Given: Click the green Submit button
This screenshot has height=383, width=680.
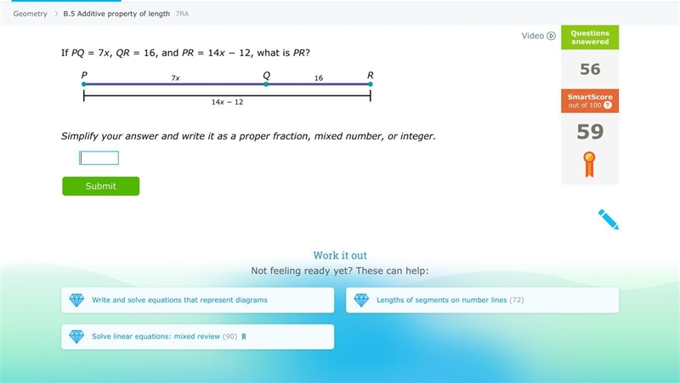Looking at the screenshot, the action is click(100, 186).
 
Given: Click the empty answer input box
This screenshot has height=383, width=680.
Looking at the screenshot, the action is click(99, 158).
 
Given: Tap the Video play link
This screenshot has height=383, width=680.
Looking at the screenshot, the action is click(538, 36).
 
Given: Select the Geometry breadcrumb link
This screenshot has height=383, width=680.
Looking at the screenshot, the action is click(30, 14).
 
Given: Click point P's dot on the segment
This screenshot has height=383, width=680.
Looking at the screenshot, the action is click(83, 84).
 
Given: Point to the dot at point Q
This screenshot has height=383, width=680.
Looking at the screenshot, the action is click(266, 84).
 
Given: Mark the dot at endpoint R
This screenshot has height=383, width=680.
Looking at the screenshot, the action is click(371, 84).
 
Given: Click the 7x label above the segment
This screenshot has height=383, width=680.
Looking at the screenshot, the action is click(175, 77).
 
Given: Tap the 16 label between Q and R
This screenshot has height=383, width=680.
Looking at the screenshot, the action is click(319, 77).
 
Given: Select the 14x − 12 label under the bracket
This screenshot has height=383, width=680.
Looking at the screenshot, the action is click(227, 102).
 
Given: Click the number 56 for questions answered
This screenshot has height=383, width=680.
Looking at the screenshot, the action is click(590, 69).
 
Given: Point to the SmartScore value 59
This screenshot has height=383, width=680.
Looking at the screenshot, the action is click(590, 132).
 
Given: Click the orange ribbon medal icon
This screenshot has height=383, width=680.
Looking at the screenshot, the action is click(589, 164).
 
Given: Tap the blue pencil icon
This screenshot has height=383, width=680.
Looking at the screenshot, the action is click(608, 220).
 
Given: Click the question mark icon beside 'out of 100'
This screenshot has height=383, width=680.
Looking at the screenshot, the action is click(608, 105).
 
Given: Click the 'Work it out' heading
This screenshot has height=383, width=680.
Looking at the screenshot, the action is click(340, 255).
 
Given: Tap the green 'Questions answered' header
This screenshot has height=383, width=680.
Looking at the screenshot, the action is click(590, 37).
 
